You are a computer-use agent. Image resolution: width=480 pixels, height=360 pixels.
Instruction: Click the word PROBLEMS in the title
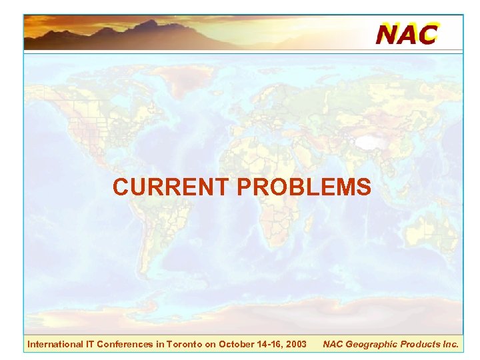coord(304,187)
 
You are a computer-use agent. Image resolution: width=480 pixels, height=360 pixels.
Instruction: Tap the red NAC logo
coord(407,33)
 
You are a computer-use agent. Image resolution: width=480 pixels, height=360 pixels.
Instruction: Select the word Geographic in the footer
coord(372,344)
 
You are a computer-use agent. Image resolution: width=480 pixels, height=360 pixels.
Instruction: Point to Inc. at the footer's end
coord(451,344)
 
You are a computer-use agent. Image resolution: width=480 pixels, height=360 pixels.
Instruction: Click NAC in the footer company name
coord(333,344)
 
